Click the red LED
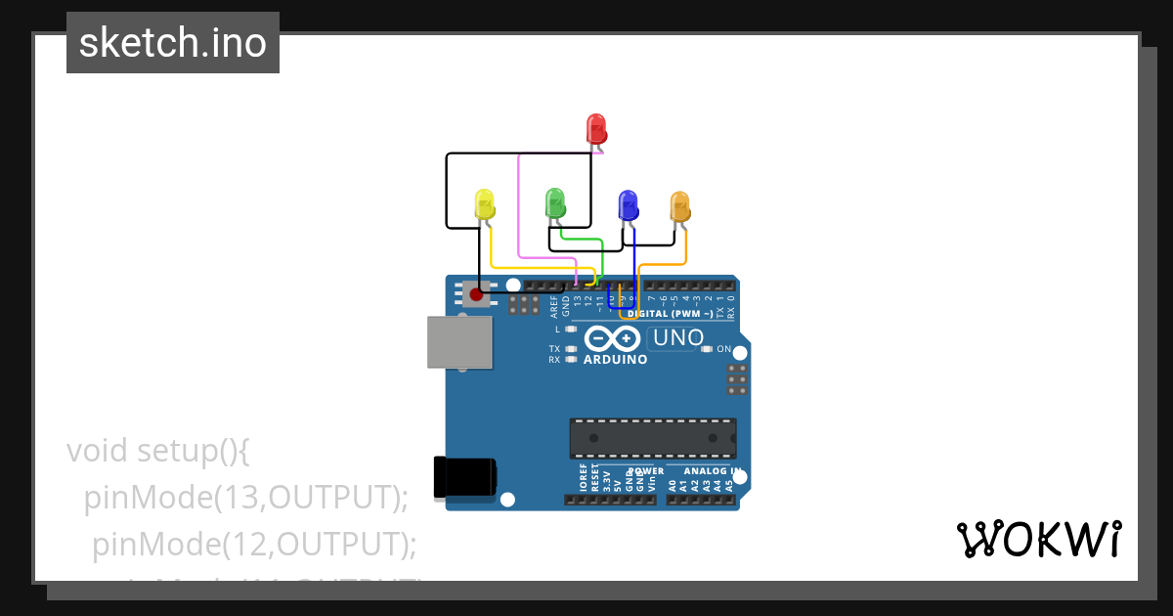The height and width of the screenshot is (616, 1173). click(596, 129)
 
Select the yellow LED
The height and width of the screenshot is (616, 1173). click(485, 204)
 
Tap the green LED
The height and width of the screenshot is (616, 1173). click(555, 203)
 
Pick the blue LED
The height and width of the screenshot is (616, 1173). click(629, 205)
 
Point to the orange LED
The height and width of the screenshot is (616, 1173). click(679, 206)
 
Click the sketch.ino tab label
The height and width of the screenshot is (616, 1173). click(172, 43)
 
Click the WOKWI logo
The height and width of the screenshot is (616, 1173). click(1038, 539)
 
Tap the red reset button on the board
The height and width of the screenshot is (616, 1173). click(477, 293)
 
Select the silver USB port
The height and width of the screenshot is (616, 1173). click(459, 342)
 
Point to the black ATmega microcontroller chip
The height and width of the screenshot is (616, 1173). click(653, 438)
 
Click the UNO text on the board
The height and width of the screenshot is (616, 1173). click(677, 338)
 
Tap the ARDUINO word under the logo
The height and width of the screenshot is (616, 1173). click(616, 360)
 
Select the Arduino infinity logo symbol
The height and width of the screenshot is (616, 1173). click(613, 338)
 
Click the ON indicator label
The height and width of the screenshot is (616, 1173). click(724, 349)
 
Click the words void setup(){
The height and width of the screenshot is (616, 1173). click(159, 451)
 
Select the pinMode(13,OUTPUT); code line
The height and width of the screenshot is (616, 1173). click(245, 498)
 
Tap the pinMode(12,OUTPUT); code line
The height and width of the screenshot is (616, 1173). click(254, 544)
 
